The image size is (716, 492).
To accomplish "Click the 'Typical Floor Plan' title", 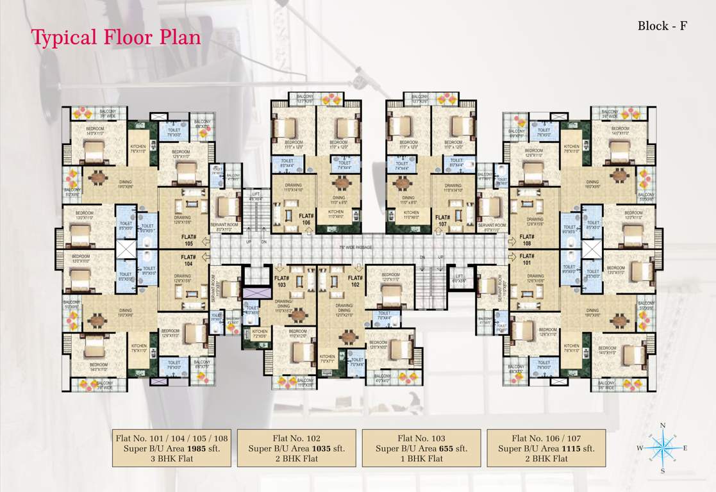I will pos(116,37).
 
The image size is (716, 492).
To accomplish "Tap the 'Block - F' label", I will pos(662,26).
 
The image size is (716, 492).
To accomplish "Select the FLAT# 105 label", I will pos(188,240).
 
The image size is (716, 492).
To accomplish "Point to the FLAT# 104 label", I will pos(188,259).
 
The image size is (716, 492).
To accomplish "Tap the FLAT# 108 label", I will pos(527,240).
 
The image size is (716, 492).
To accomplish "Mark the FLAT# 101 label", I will pos(527,259).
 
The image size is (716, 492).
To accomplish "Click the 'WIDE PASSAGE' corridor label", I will pos(357,247).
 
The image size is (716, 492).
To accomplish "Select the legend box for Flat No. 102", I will pos(297,448).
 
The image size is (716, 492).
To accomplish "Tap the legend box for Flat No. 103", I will pos(421,448).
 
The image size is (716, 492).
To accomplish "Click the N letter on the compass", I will pos(663,425).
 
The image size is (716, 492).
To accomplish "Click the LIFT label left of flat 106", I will pos(256,197).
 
